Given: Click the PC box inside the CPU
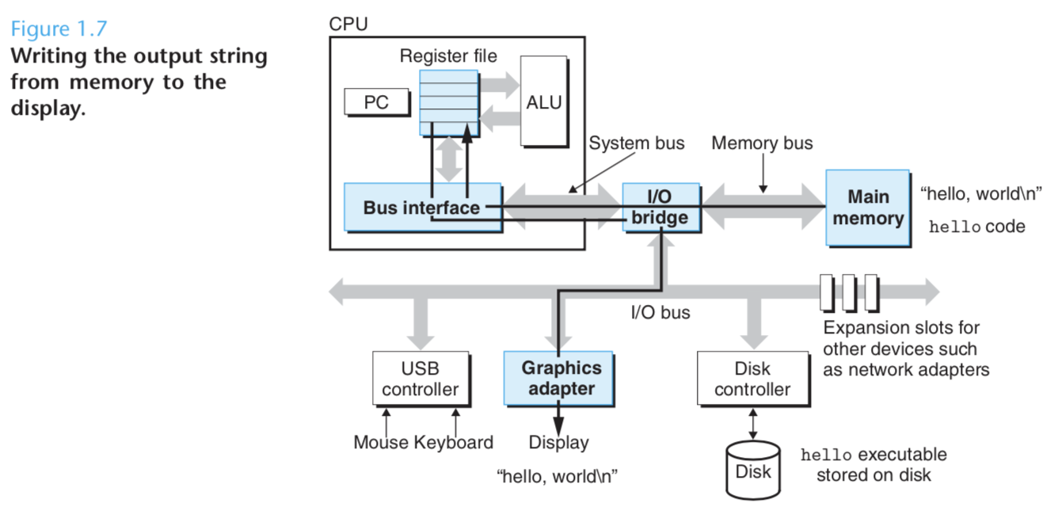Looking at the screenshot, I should [376, 102].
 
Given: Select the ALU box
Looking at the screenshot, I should [543, 101].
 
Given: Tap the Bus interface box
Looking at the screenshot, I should [422, 208].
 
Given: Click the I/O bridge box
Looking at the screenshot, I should [660, 208].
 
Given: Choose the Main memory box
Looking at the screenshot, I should [867, 208].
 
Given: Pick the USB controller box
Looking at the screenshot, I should [420, 379].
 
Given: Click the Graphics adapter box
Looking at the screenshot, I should [561, 379].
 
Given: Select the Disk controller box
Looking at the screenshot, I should [752, 379].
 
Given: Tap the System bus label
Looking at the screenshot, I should [637, 143].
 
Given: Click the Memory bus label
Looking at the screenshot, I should [762, 143].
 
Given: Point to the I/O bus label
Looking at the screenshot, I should [660, 313].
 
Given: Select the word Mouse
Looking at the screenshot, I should [382, 443].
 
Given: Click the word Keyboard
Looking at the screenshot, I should [454, 443].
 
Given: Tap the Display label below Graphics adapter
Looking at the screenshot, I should [558, 443].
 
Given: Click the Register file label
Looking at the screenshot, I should [448, 56].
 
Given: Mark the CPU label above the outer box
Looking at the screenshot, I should [348, 24].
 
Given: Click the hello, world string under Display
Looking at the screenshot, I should [557, 476].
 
